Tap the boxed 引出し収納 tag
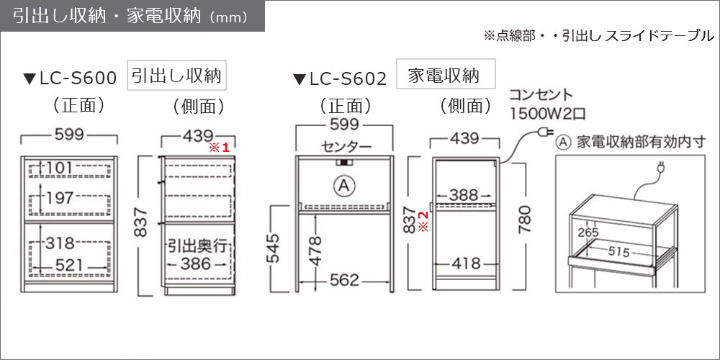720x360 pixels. pos(177,76)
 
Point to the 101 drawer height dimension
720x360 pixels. pos(60,168)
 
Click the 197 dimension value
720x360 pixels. pos(60,198)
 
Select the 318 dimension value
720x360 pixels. pos(60,243)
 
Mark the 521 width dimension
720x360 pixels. pos(69,264)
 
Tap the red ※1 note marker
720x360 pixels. pos(219,148)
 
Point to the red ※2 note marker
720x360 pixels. pos(424,220)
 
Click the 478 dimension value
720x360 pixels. pos(315,251)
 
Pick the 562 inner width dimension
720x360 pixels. pos(344,279)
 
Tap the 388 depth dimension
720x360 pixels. pos(464,194)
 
